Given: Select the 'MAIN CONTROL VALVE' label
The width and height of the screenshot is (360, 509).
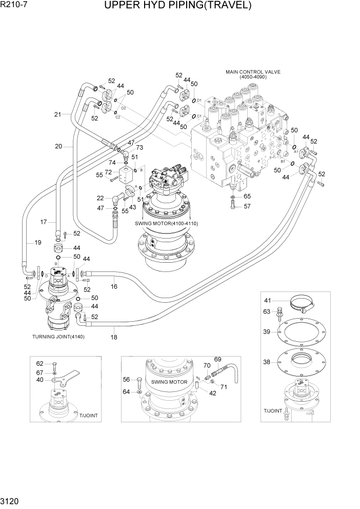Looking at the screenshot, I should click(x=253, y=72).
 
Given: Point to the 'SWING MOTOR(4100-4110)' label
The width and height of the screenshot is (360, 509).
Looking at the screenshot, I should click(x=166, y=224).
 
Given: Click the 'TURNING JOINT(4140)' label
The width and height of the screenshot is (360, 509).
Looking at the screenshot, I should click(x=58, y=337).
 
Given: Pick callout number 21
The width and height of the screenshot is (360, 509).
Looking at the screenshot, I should click(x=57, y=114).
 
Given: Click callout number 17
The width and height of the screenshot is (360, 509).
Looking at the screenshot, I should click(x=44, y=222).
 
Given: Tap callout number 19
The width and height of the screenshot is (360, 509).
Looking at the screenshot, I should click(x=37, y=242).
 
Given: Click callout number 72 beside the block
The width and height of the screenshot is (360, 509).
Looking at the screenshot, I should click(x=108, y=172).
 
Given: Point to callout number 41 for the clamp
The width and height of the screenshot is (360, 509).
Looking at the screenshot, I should click(x=267, y=300).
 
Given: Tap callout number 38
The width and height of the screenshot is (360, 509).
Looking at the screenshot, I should click(x=267, y=362).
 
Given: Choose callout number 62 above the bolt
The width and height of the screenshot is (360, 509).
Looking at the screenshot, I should click(x=39, y=363).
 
